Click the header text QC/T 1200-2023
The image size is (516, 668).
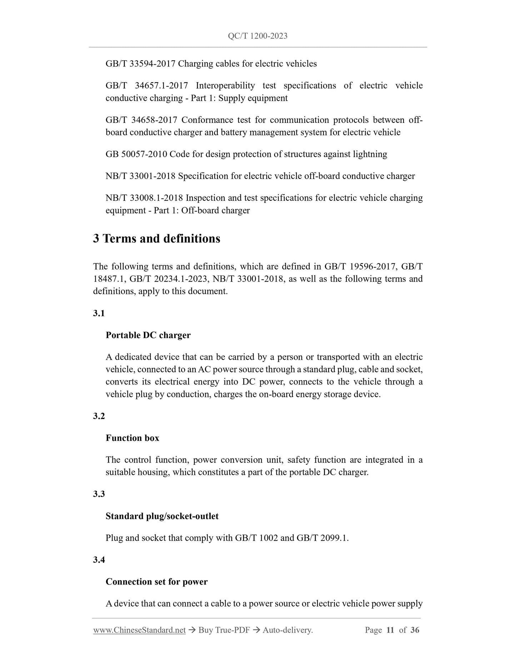tap(257, 36)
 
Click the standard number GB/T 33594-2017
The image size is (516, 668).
tap(140, 64)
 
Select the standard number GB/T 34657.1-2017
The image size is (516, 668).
tap(147, 86)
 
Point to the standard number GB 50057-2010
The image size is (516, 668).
tap(136, 154)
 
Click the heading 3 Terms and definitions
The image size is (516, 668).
tap(156, 238)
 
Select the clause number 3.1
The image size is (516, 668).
tap(99, 313)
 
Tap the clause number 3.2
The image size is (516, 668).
tap(99, 416)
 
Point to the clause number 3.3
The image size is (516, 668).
tap(99, 494)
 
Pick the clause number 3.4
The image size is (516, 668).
tap(99, 560)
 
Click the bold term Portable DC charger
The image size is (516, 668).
tap(148, 335)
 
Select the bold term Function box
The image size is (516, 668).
tap(132, 438)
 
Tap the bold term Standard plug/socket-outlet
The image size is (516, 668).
tap(162, 516)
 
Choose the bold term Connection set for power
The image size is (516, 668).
tap(156, 582)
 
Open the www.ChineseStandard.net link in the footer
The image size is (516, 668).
tap(139, 630)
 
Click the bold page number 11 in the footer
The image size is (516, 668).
tap(390, 630)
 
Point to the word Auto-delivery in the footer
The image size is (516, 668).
tap(287, 630)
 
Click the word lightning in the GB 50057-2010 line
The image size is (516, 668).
tap(370, 154)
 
